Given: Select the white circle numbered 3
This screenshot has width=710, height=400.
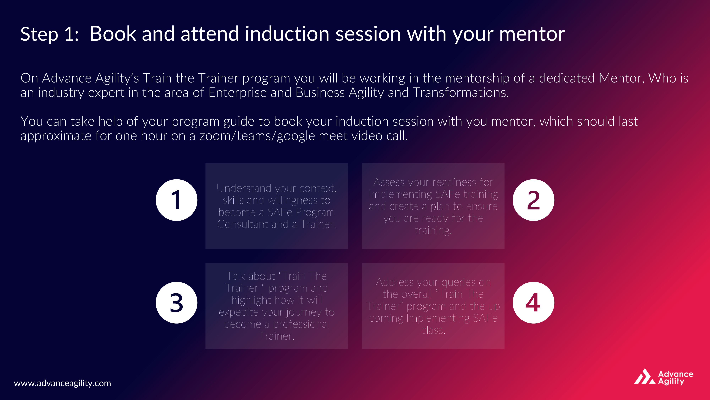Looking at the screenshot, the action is coord(176,303).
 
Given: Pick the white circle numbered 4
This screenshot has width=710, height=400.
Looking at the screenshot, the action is coord(533,303).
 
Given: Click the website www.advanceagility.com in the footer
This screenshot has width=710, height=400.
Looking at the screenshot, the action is coord(62,383).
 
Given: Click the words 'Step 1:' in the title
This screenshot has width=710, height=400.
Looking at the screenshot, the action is coord(50,34).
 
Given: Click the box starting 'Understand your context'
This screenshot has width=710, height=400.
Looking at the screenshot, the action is coord(276,206).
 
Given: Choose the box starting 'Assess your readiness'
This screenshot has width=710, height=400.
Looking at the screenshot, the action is coord(433,206).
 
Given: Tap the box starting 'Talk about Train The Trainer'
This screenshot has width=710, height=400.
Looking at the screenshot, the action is coord(276,306).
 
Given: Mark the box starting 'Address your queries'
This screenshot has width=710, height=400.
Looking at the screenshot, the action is coord(433,306).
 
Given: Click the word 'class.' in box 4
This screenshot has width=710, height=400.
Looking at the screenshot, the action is coord(433,330).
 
